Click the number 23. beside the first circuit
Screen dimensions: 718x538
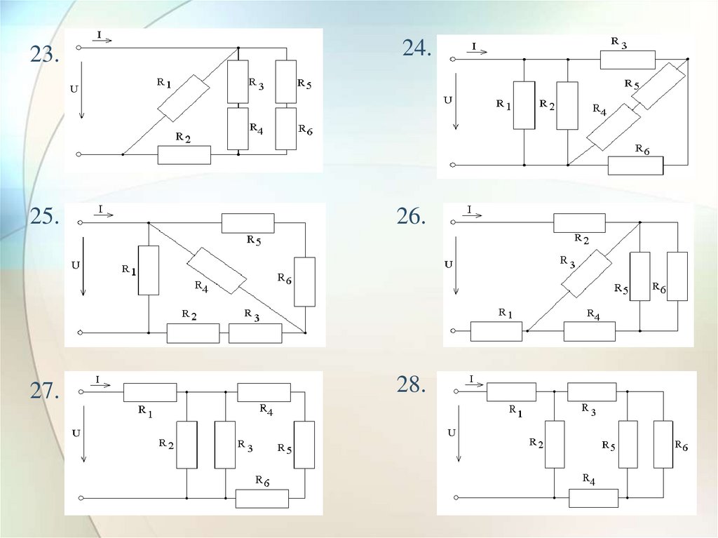[43, 55]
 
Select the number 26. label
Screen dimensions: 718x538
[411, 217]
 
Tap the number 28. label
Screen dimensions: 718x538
[411, 384]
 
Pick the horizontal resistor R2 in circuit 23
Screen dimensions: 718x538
[184, 154]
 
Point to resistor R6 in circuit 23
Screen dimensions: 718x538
[285, 128]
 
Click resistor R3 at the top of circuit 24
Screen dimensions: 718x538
[627, 60]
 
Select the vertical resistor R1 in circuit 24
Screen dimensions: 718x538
[524, 105]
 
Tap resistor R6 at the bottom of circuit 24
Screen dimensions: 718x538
[635, 166]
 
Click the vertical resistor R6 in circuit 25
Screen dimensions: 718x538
[304, 281]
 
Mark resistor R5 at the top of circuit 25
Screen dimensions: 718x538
[248, 223]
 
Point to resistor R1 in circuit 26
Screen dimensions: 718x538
[496, 330]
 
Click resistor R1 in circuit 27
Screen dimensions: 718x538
[150, 392]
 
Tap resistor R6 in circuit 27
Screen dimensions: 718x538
[262, 499]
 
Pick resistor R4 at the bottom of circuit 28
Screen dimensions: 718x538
[593, 498]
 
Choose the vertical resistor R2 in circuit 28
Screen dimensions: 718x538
[554, 444]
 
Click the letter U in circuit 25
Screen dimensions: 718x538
[76, 265]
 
